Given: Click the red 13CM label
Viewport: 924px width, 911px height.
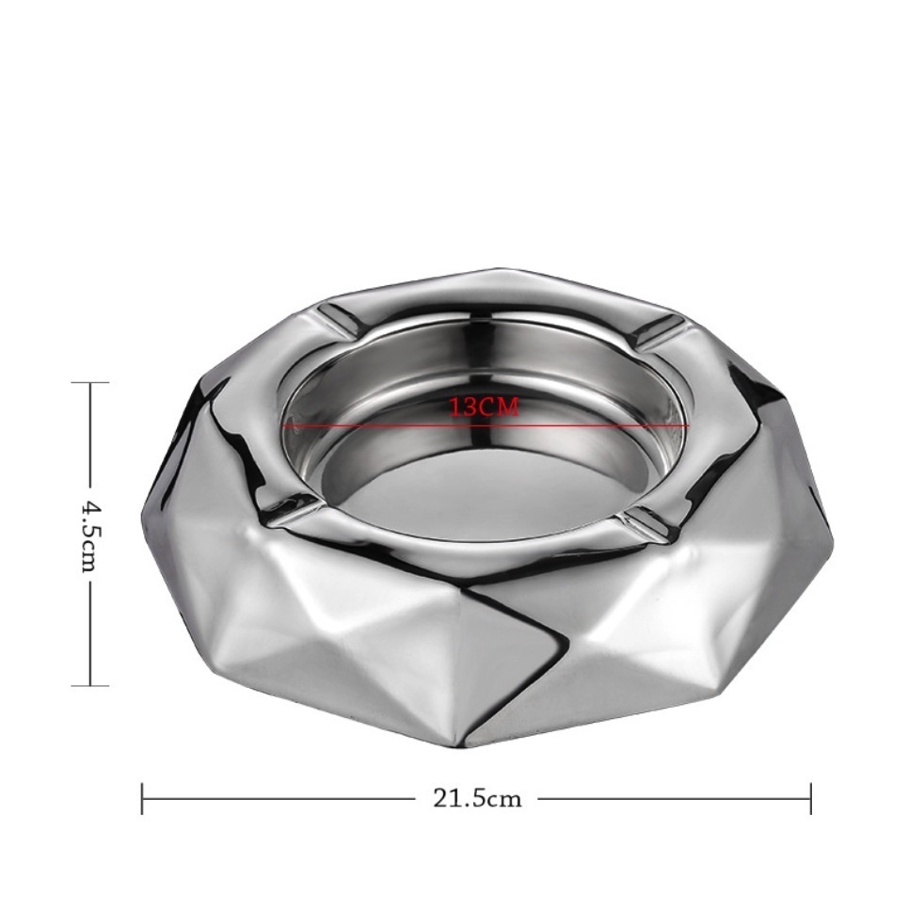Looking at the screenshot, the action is pyautogui.click(x=485, y=407).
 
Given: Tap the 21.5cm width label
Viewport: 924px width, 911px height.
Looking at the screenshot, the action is pyautogui.click(x=477, y=799).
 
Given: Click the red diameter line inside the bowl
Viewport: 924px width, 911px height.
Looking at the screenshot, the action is pyautogui.click(x=486, y=425).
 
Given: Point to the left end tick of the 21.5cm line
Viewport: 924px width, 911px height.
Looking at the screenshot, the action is pyautogui.click(x=143, y=799).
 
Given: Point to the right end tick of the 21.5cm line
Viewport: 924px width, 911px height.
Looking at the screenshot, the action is pyautogui.click(x=811, y=799).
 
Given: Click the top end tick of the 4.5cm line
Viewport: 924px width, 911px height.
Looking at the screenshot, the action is pyautogui.click(x=90, y=382).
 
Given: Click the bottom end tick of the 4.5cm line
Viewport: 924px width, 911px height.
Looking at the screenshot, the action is pyautogui.click(x=90, y=685).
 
